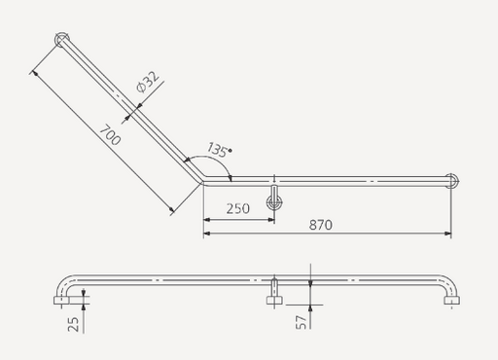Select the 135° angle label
(218, 150)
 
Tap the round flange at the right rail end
(451, 180)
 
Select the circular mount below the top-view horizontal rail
(276, 203)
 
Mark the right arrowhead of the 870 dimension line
(448, 234)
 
